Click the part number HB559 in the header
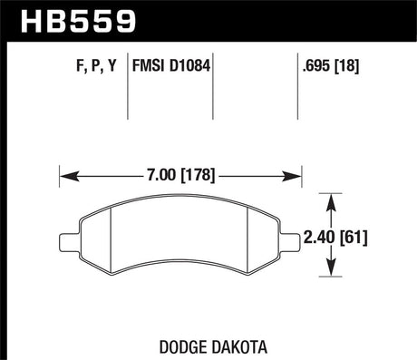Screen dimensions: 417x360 click(78, 21)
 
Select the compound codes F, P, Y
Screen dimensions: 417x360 click(96, 66)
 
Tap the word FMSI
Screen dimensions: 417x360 click(148, 65)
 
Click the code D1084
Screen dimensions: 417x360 click(189, 65)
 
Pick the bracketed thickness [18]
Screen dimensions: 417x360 click(347, 66)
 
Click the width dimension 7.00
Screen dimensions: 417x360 click(161, 175)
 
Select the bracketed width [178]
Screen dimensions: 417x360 click(198, 176)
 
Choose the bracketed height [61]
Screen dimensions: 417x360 click(354, 238)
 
